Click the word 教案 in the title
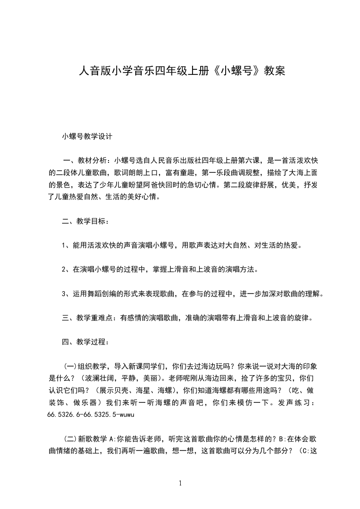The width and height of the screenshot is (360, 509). point(275,71)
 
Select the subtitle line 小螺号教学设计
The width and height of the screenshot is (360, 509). point(87,136)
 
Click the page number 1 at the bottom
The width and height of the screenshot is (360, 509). point(181,483)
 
